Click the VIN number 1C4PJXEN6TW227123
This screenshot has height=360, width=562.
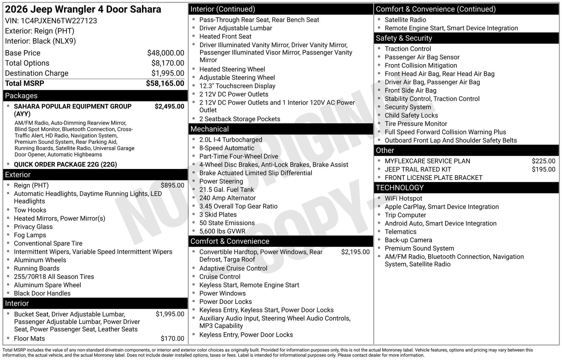[59, 21]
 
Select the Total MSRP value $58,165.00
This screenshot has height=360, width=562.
[165, 83]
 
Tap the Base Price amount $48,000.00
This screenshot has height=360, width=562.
[166, 53]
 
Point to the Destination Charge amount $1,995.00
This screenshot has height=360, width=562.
[168, 73]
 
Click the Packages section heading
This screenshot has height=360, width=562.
[21, 96]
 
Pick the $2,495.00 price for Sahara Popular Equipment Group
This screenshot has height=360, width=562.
[169, 106]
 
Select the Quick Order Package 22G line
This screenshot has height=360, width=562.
[65, 164]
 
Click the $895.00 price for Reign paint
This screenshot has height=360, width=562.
[172, 185]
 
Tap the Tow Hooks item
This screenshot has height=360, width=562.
[30, 210]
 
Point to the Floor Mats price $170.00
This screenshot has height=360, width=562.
[172, 339]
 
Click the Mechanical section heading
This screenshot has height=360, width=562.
[210, 129]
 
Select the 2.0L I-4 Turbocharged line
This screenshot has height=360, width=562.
[231, 140]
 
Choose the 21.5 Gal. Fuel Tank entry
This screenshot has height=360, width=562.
[227, 190]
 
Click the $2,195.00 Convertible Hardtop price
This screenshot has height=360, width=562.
[355, 252]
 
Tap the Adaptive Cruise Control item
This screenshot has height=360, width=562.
[233, 268]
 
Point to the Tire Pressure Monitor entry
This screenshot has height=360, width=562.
[416, 124]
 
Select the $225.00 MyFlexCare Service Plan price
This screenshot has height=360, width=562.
[543, 161]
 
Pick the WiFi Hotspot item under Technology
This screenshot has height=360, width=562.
[403, 199]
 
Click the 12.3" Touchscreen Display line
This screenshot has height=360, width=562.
[237, 86]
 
